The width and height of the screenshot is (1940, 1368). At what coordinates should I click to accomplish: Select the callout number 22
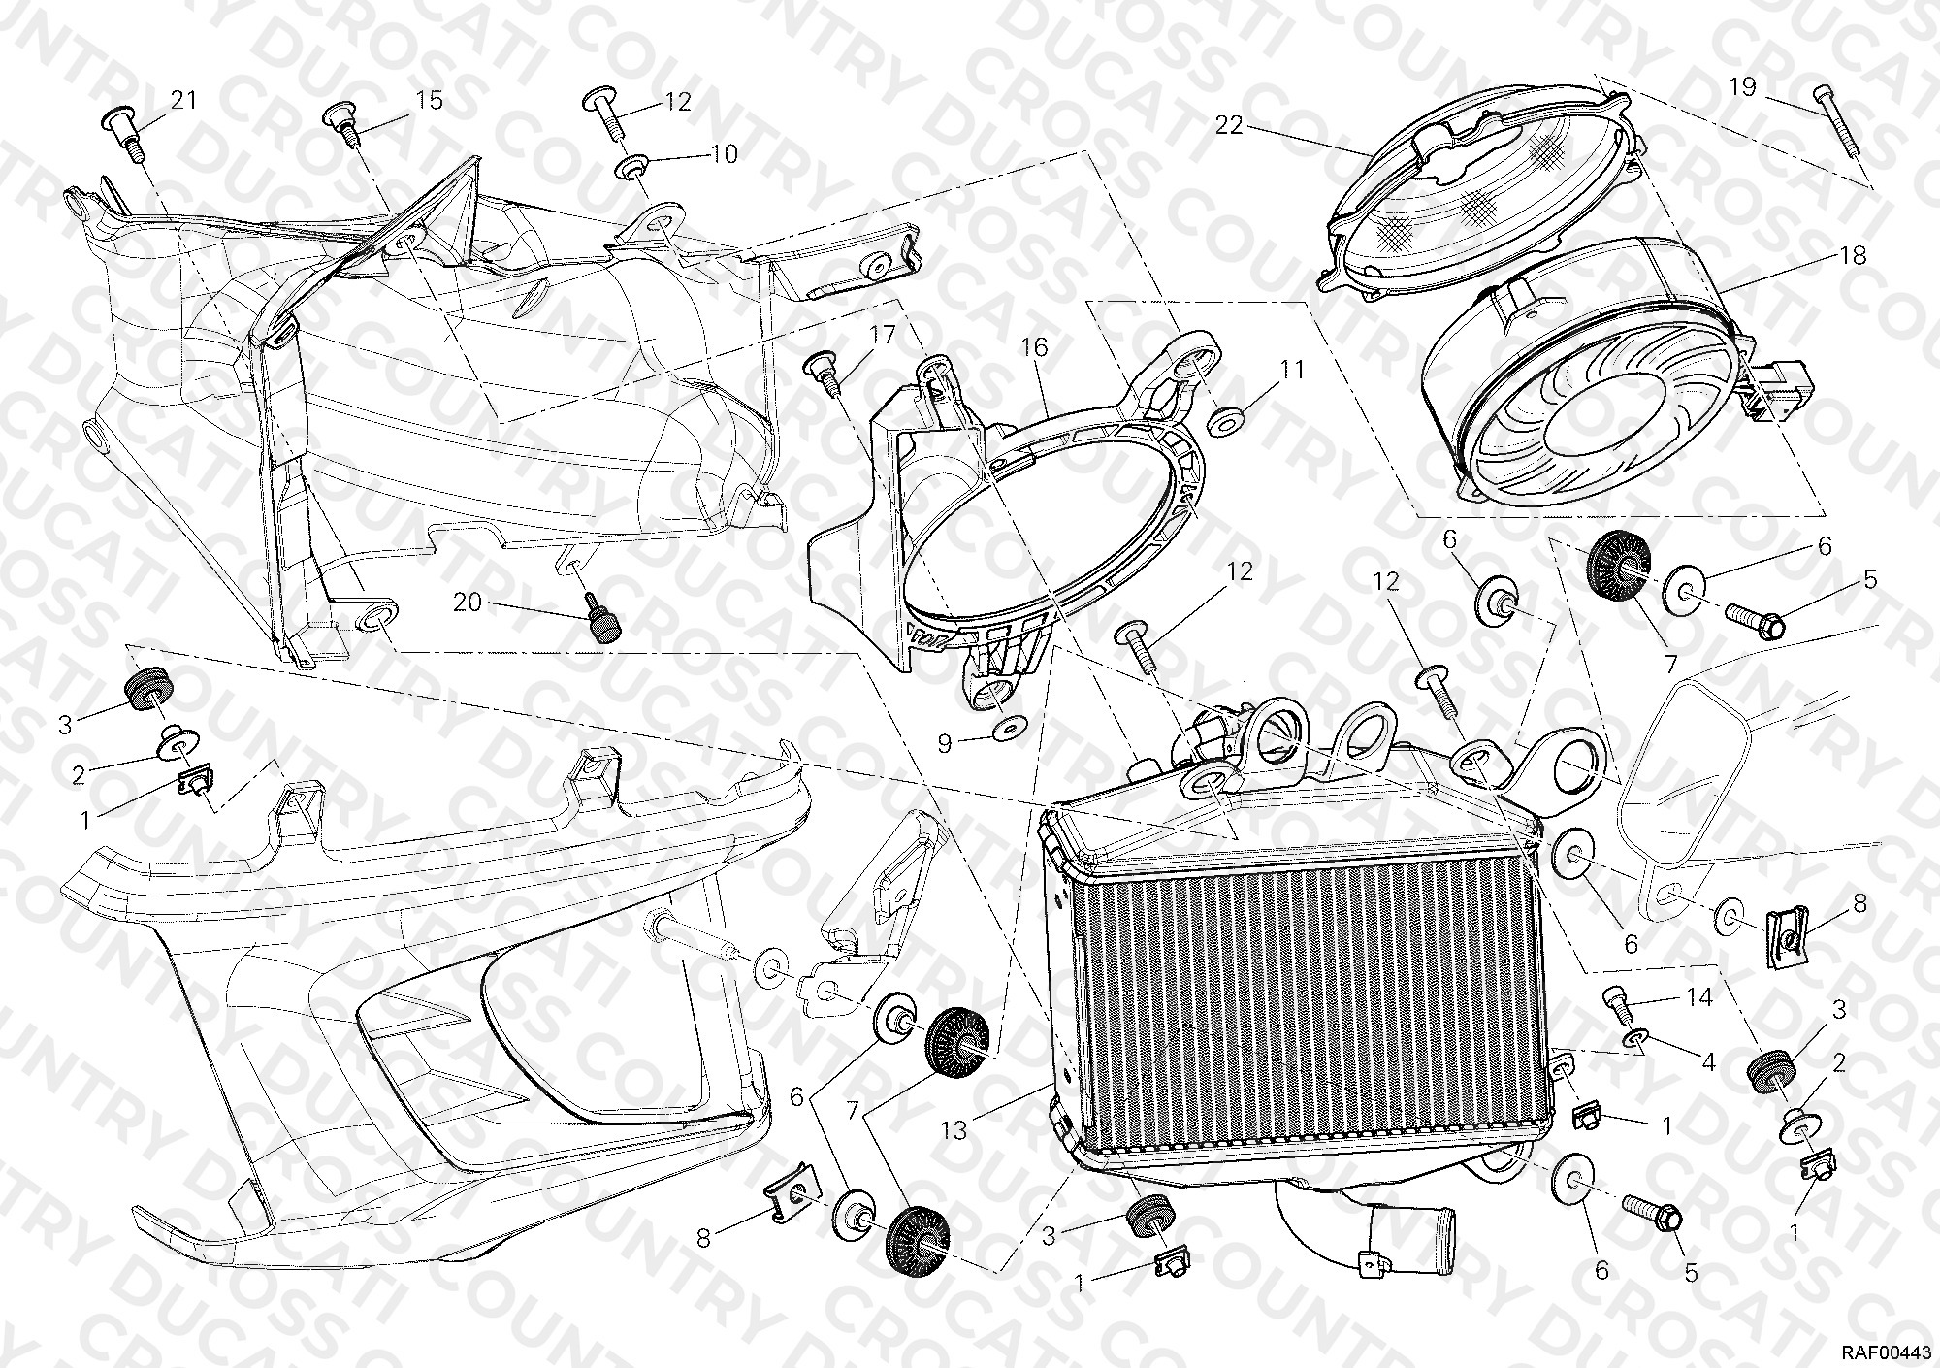pyautogui.click(x=1230, y=127)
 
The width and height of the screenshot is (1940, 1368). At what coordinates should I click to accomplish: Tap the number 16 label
pyautogui.click(x=1034, y=348)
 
